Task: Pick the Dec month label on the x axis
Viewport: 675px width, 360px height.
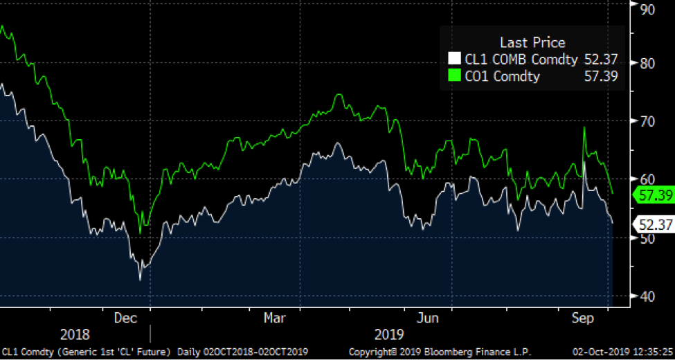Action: pos(125,318)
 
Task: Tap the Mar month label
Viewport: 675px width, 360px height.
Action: pos(274,318)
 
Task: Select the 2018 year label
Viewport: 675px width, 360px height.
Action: pos(75,335)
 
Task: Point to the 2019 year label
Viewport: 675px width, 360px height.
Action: pos(389,335)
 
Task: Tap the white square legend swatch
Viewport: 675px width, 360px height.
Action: pos(455,60)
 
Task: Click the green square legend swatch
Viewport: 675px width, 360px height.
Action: pos(455,75)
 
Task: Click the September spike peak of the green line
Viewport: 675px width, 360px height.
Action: pos(584,127)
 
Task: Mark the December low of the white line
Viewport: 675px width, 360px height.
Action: pos(141,279)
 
